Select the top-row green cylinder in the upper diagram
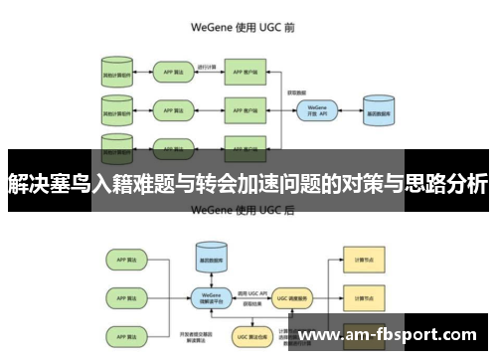[116, 73]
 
